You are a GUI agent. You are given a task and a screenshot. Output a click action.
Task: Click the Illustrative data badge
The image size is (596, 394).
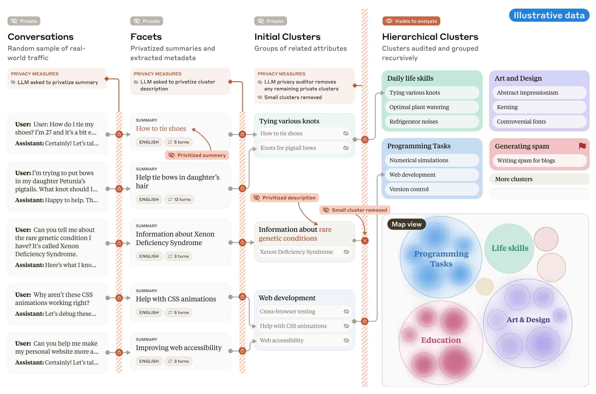tap(549, 15)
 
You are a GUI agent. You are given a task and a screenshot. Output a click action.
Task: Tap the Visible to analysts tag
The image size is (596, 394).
tap(411, 21)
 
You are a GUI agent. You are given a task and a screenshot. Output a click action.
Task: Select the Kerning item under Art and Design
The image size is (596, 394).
tap(539, 107)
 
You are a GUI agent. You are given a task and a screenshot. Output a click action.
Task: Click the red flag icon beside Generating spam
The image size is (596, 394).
tap(582, 146)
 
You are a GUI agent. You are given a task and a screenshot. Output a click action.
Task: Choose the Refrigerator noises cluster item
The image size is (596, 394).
tap(432, 122)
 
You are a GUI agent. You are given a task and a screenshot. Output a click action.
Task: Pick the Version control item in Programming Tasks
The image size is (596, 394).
tap(432, 189)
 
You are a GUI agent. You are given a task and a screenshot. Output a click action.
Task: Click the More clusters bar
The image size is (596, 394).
tap(539, 179)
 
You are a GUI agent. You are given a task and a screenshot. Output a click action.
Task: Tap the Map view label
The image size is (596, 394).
tap(407, 224)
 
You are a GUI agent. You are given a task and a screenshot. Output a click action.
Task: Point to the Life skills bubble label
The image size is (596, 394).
tap(510, 248)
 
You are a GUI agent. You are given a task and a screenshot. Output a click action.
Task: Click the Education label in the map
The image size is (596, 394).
tap(441, 340)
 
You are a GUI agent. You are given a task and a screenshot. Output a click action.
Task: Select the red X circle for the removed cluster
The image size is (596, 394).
tap(365, 241)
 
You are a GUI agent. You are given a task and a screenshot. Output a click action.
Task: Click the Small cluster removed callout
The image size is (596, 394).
tap(355, 210)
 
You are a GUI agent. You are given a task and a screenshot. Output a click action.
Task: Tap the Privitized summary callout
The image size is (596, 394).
tap(197, 155)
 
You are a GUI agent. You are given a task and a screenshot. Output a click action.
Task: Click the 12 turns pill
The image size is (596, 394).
tap(179, 200)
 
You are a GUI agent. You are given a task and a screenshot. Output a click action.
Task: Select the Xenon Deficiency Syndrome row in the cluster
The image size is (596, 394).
tap(304, 252)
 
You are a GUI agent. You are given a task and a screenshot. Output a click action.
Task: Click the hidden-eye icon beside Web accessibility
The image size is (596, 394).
tap(346, 340)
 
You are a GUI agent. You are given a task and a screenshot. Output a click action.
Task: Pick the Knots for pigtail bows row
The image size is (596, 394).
tap(304, 148)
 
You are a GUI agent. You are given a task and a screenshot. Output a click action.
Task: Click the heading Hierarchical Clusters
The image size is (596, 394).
tap(430, 37)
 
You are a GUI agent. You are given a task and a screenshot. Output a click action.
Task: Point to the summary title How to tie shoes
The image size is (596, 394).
tap(161, 129)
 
